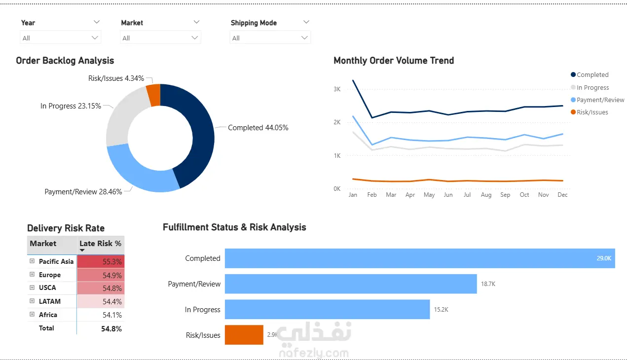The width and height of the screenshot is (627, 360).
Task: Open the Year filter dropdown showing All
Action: [60, 37]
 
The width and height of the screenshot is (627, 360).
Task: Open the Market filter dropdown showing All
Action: [160, 37]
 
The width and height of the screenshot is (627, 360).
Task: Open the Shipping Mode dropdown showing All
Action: [270, 37]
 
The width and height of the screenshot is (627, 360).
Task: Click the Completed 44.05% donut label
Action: [258, 128]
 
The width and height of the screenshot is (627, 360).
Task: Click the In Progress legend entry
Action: [590, 88]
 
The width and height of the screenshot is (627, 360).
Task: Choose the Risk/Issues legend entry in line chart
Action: [590, 112]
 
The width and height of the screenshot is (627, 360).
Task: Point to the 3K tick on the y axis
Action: [337, 89]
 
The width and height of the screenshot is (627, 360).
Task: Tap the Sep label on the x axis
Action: [505, 195]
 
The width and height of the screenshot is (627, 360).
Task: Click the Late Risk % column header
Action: [101, 243]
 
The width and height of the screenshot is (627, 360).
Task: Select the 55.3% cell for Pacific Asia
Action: [101, 261]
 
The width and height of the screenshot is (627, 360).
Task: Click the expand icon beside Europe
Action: [32, 274]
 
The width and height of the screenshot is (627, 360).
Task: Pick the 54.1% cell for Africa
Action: [101, 315]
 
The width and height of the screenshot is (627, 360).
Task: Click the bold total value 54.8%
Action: [111, 328]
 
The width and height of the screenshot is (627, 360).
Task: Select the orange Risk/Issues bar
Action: [244, 335]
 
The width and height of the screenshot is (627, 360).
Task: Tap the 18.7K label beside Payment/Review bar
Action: [488, 284]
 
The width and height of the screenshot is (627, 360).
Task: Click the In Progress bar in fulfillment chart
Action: [328, 309]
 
